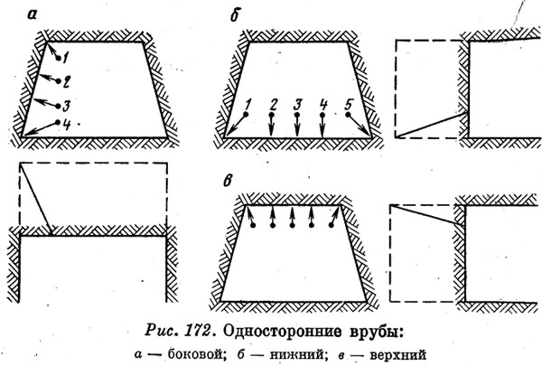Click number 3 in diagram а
click(66, 105)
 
